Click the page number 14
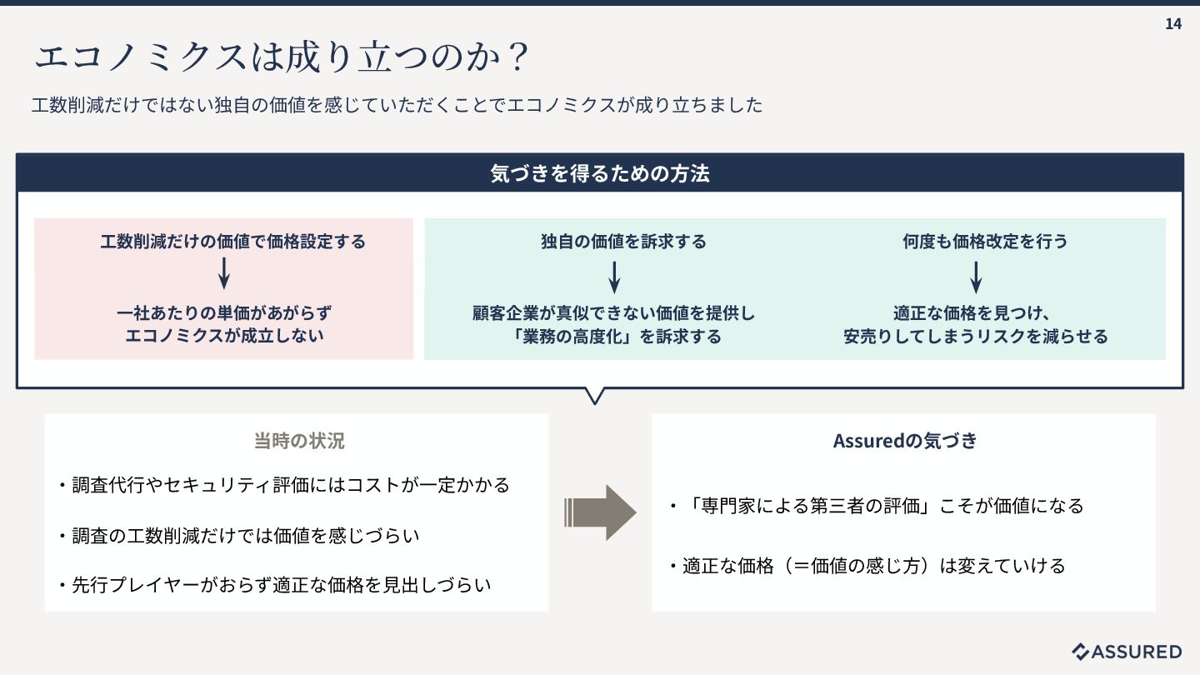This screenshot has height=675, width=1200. pyautogui.click(x=1173, y=24)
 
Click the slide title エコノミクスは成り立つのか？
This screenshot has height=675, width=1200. pyautogui.click(x=282, y=57)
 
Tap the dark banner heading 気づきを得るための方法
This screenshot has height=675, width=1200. pyautogui.click(x=600, y=174)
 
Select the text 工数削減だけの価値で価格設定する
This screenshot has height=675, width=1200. pyautogui.click(x=232, y=242)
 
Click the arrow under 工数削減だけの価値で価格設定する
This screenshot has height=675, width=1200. pyautogui.click(x=223, y=273)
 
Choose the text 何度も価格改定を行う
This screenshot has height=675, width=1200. pyautogui.click(x=985, y=242)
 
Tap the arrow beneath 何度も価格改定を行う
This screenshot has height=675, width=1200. pyautogui.click(x=976, y=277)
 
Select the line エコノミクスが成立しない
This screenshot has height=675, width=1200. pyautogui.click(x=224, y=336)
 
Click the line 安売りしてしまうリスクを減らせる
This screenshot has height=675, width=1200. pyautogui.click(x=976, y=337)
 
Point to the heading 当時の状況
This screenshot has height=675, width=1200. pyautogui.click(x=299, y=441)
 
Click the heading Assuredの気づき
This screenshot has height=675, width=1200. pyautogui.click(x=905, y=441)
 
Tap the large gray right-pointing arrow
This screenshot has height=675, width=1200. pyautogui.click(x=600, y=512)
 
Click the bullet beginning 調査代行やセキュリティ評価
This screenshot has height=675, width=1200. pyautogui.click(x=284, y=485)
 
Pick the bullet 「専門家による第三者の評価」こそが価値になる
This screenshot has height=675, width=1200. pyautogui.click(x=877, y=506)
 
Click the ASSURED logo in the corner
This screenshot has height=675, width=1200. pyautogui.click(x=1127, y=652)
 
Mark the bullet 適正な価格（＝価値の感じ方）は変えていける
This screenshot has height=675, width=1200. pyautogui.click(x=867, y=567)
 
